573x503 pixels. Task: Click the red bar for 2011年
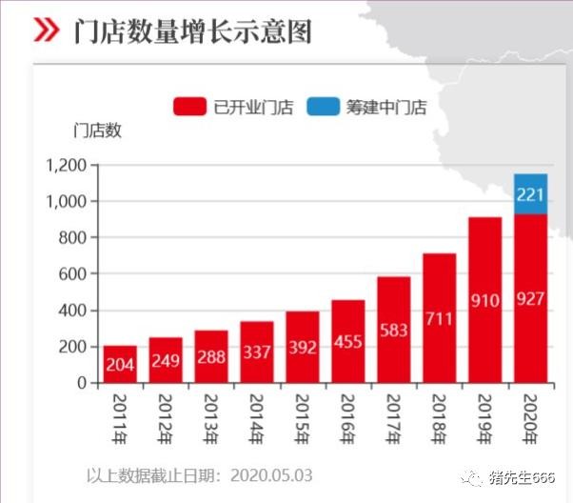coord(120,365)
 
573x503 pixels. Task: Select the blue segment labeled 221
coord(530,194)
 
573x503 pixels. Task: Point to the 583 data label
coord(393,330)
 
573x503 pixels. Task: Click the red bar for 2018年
coord(439,318)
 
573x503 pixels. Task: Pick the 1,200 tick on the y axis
coord(67,166)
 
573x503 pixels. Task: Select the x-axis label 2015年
coord(304,414)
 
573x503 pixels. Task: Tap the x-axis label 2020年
coord(531,414)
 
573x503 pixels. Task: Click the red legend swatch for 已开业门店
coord(189,107)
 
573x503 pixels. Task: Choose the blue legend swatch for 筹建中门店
coord(323,107)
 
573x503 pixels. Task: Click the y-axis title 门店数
coord(97,131)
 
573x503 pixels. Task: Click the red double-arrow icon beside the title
coord(46,30)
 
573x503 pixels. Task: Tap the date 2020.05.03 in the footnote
coord(270,474)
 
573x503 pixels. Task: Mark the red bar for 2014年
coord(257,352)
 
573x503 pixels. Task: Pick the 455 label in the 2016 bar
coord(347,341)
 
